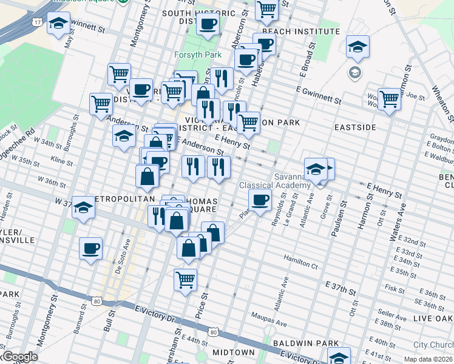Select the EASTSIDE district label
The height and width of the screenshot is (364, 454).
point(355,127)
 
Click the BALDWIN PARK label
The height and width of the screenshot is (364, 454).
point(305,343)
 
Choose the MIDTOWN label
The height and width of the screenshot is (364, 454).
point(234,352)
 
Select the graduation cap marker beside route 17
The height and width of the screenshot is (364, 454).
point(58,24)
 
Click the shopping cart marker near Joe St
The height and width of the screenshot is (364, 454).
point(388,98)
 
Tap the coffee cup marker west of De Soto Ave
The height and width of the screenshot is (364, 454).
point(90,248)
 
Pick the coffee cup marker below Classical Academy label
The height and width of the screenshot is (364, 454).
point(260,200)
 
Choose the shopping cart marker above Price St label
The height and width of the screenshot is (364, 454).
point(185,280)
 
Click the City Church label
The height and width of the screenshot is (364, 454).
point(433,345)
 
